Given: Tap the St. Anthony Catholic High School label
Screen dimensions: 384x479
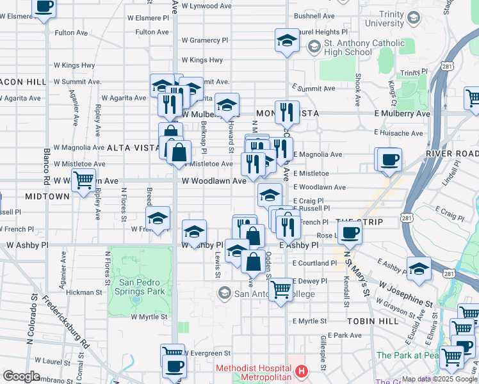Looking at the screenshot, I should click(348, 48).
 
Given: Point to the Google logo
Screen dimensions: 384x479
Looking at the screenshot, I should click(21, 376).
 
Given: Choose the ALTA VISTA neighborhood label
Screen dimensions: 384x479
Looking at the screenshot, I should click(133, 148).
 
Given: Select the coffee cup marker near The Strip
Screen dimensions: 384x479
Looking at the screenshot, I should click(350, 232).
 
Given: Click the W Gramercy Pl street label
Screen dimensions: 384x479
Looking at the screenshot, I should click(205, 40).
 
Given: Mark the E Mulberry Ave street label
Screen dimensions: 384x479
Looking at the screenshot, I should click(402, 113).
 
